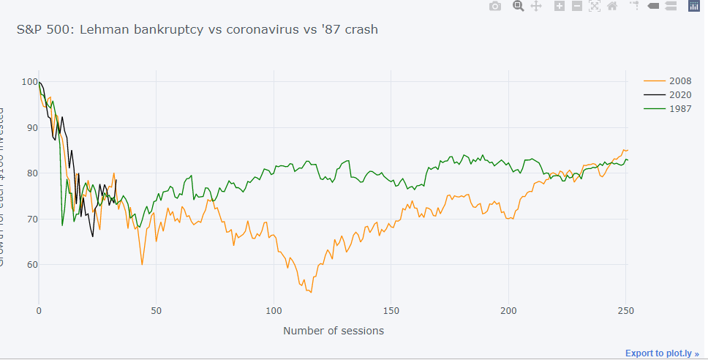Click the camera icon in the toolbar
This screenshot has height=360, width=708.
[495, 7]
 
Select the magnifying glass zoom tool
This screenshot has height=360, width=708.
[519, 7]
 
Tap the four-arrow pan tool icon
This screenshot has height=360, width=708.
[535, 7]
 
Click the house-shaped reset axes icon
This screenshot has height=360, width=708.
[612, 7]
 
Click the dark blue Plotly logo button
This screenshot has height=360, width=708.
[694, 7]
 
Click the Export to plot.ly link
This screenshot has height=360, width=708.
[661, 353]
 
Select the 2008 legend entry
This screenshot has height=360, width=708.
[680, 81]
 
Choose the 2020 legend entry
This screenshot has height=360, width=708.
[680, 95]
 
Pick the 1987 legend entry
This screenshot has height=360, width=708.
[680, 109]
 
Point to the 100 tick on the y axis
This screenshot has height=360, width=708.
[29, 82]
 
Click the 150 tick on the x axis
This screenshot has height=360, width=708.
[391, 310]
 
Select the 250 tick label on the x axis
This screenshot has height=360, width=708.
[625, 310]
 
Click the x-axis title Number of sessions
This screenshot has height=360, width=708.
[333, 331]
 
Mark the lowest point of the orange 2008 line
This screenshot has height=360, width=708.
[311, 292]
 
